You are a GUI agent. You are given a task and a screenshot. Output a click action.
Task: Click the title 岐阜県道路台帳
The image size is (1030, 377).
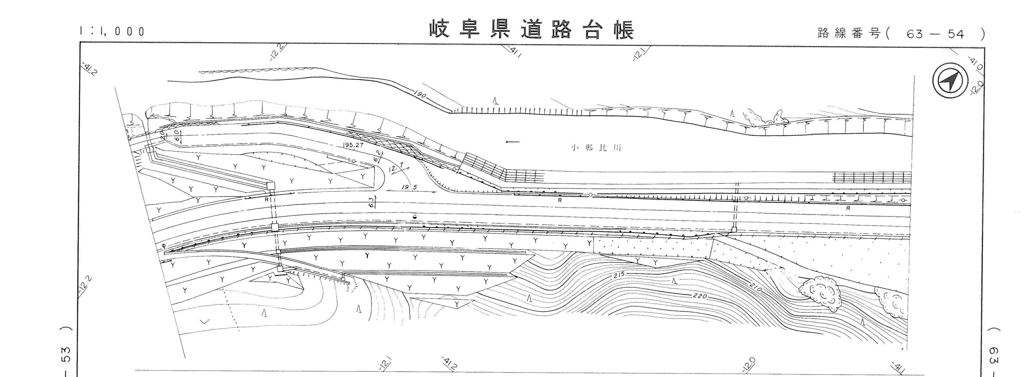(x=532, y=30)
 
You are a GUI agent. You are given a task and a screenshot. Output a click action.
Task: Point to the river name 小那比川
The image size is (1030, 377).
(x=596, y=148)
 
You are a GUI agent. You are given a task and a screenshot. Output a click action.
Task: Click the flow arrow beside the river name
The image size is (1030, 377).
(x=512, y=141)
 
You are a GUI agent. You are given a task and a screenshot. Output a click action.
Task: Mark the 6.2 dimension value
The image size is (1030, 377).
(x=377, y=157)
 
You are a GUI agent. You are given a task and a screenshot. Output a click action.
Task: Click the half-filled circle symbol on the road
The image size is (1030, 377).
(x=415, y=217)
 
